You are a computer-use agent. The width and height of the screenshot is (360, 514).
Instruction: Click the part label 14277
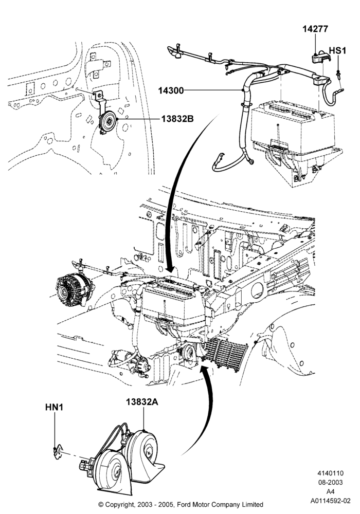(315, 29)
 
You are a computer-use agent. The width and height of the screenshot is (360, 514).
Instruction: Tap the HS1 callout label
(337, 51)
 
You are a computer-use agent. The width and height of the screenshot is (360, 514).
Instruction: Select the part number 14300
(171, 90)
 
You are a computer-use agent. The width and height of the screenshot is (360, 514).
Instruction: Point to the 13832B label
(177, 119)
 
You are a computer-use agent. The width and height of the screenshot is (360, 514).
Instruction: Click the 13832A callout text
(142, 402)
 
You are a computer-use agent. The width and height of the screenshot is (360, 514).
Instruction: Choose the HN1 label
(55, 407)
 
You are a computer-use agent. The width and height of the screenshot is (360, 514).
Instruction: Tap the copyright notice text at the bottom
(181, 504)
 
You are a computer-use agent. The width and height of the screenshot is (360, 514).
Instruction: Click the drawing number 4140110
(330, 473)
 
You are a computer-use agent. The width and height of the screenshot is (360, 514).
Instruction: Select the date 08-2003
(330, 483)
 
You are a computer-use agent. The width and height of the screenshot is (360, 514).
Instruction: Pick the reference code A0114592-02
(330, 501)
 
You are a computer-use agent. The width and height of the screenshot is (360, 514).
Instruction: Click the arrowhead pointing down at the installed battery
(170, 269)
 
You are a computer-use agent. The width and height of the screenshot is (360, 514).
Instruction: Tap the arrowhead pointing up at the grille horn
(206, 371)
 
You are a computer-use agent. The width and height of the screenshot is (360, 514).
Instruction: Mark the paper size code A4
(330, 492)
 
